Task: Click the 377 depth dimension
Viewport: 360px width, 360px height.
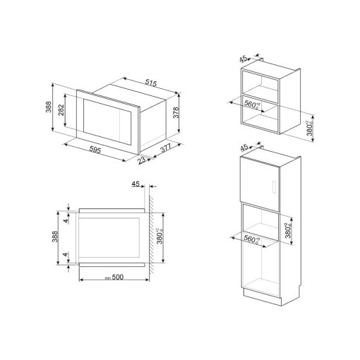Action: [x=165, y=148]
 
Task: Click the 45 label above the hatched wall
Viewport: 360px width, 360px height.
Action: [x=136, y=185]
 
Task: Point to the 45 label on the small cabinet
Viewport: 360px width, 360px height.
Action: [x=244, y=60]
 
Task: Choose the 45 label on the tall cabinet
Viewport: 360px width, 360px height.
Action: [x=244, y=148]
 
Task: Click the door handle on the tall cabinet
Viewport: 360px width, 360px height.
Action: [x=272, y=189]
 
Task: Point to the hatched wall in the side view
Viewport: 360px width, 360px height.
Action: [x=152, y=233]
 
